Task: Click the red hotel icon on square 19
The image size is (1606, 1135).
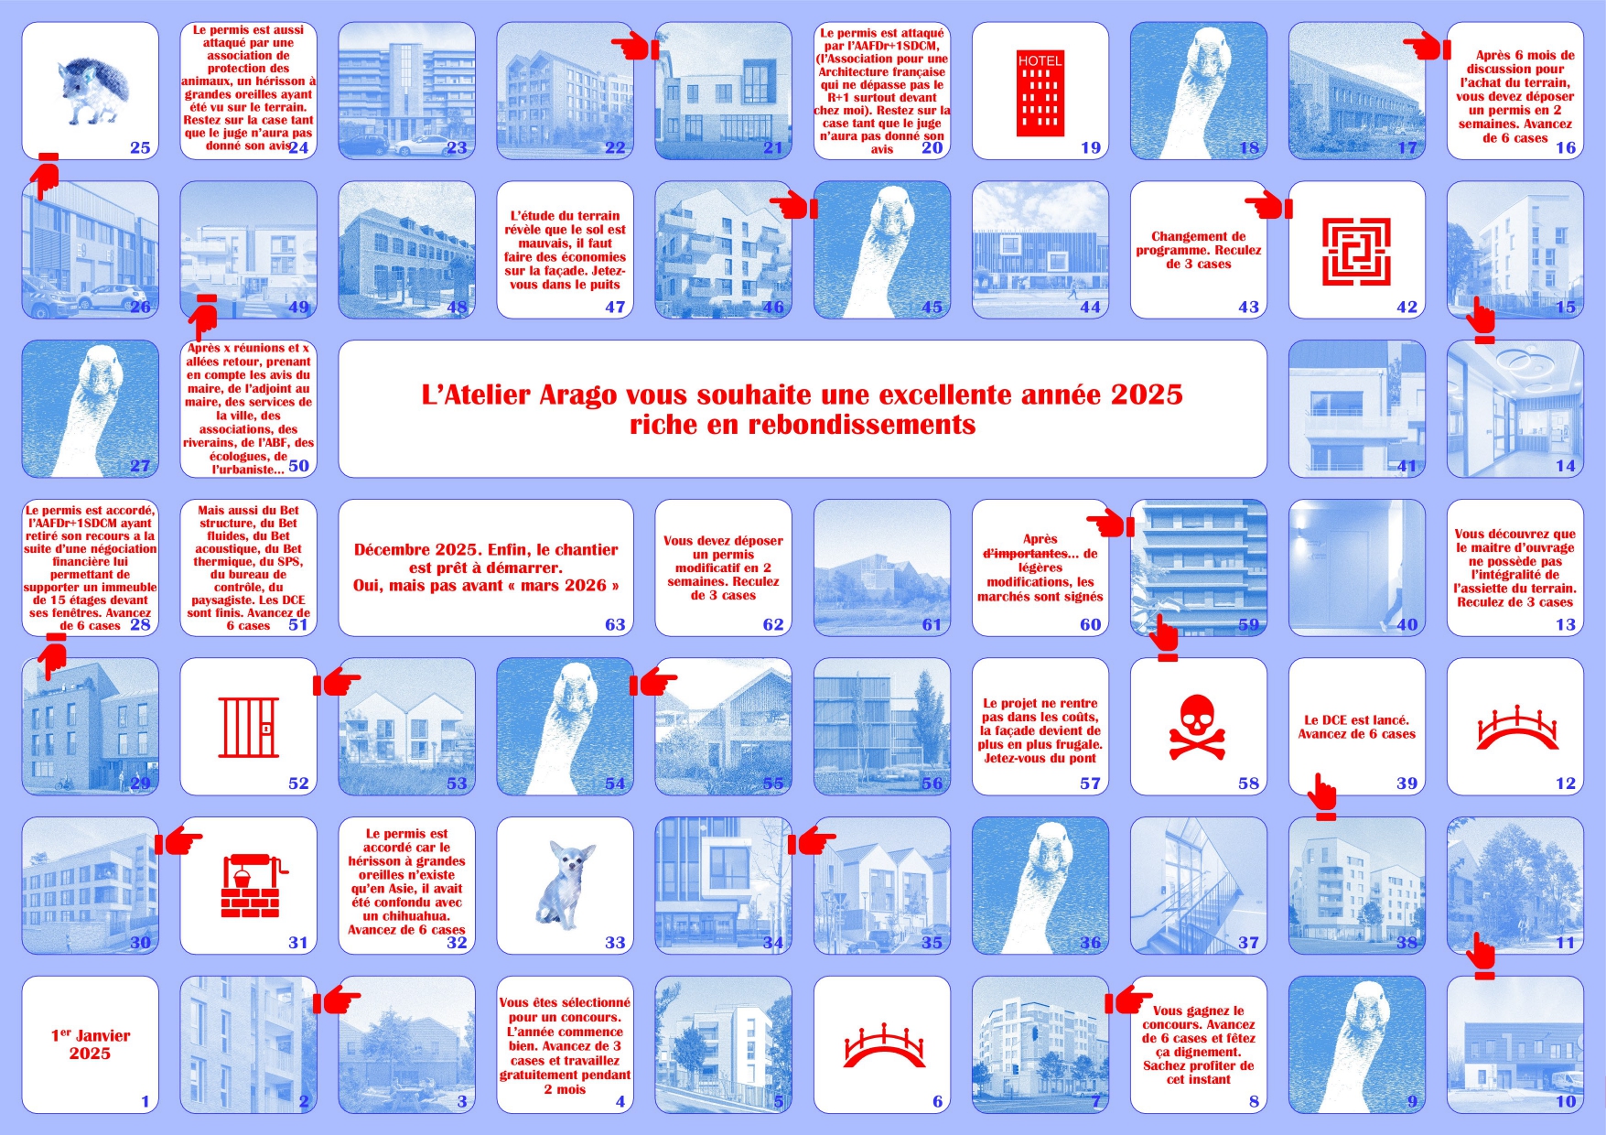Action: click(x=1040, y=93)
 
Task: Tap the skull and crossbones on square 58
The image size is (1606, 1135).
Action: click(x=1198, y=727)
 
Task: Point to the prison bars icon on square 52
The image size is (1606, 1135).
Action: click(x=248, y=727)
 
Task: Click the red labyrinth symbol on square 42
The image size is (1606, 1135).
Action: click(x=1356, y=252)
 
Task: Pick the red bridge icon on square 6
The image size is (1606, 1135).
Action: click(x=883, y=1046)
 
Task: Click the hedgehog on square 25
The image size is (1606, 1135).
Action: click(x=88, y=91)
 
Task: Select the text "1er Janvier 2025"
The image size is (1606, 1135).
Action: click(x=90, y=1044)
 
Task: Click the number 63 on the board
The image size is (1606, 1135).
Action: click(x=615, y=624)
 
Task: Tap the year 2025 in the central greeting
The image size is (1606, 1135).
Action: click(x=1147, y=395)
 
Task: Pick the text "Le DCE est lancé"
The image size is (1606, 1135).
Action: click(x=1356, y=719)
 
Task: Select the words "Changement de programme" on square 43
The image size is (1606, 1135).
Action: click(x=1199, y=243)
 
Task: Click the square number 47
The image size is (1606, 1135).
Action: click(x=615, y=307)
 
